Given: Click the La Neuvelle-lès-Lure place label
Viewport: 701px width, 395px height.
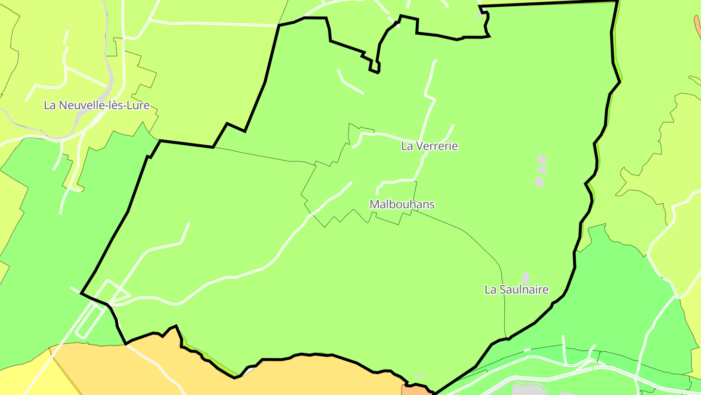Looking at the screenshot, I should click(96, 105).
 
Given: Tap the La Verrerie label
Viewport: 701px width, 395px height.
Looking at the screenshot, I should click(429, 146).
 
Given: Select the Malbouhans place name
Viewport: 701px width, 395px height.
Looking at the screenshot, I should click(402, 204).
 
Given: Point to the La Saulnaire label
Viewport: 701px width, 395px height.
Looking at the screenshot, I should click(516, 290).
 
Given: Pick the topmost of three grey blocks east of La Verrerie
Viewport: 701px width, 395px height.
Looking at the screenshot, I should click(541, 159).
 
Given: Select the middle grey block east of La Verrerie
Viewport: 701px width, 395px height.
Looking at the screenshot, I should click(541, 170).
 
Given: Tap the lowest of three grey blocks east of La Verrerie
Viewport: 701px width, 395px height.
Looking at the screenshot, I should click(539, 182).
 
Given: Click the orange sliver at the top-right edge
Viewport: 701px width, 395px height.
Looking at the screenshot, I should click(698, 22).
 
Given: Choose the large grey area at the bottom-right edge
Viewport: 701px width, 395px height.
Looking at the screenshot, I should click(526, 390).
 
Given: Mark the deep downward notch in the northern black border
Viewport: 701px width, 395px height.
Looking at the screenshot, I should click(374, 66).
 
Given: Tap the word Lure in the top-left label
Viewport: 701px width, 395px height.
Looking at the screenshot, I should click(139, 105).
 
